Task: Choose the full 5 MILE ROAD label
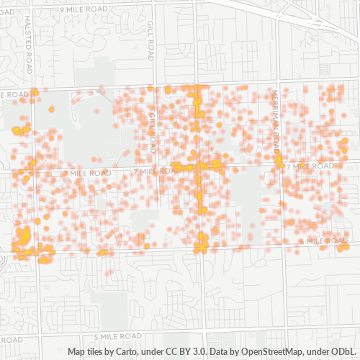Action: tap(118, 336)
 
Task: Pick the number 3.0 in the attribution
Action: tap(209, 351)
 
